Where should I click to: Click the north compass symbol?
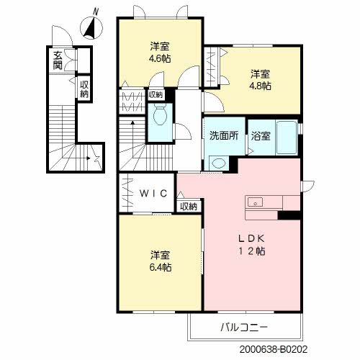click(91, 27)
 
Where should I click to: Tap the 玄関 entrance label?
click(58, 60)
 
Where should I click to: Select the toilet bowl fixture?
click(160, 115)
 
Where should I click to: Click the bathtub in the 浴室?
click(287, 137)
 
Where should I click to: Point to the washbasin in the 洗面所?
click(219, 163)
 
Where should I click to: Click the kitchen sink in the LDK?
click(255, 202)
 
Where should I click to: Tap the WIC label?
click(153, 193)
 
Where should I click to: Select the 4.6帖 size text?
click(160, 58)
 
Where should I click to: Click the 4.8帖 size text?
click(260, 86)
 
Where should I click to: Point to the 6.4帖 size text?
click(161, 267)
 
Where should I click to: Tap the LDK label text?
click(251, 238)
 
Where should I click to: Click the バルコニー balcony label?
click(244, 327)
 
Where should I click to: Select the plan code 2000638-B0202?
click(274, 349)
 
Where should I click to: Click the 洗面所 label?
click(224, 136)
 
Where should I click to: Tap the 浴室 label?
click(261, 136)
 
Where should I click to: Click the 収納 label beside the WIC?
click(189, 206)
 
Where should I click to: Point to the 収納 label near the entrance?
click(84, 89)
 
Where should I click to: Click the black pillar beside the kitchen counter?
click(289, 215)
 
